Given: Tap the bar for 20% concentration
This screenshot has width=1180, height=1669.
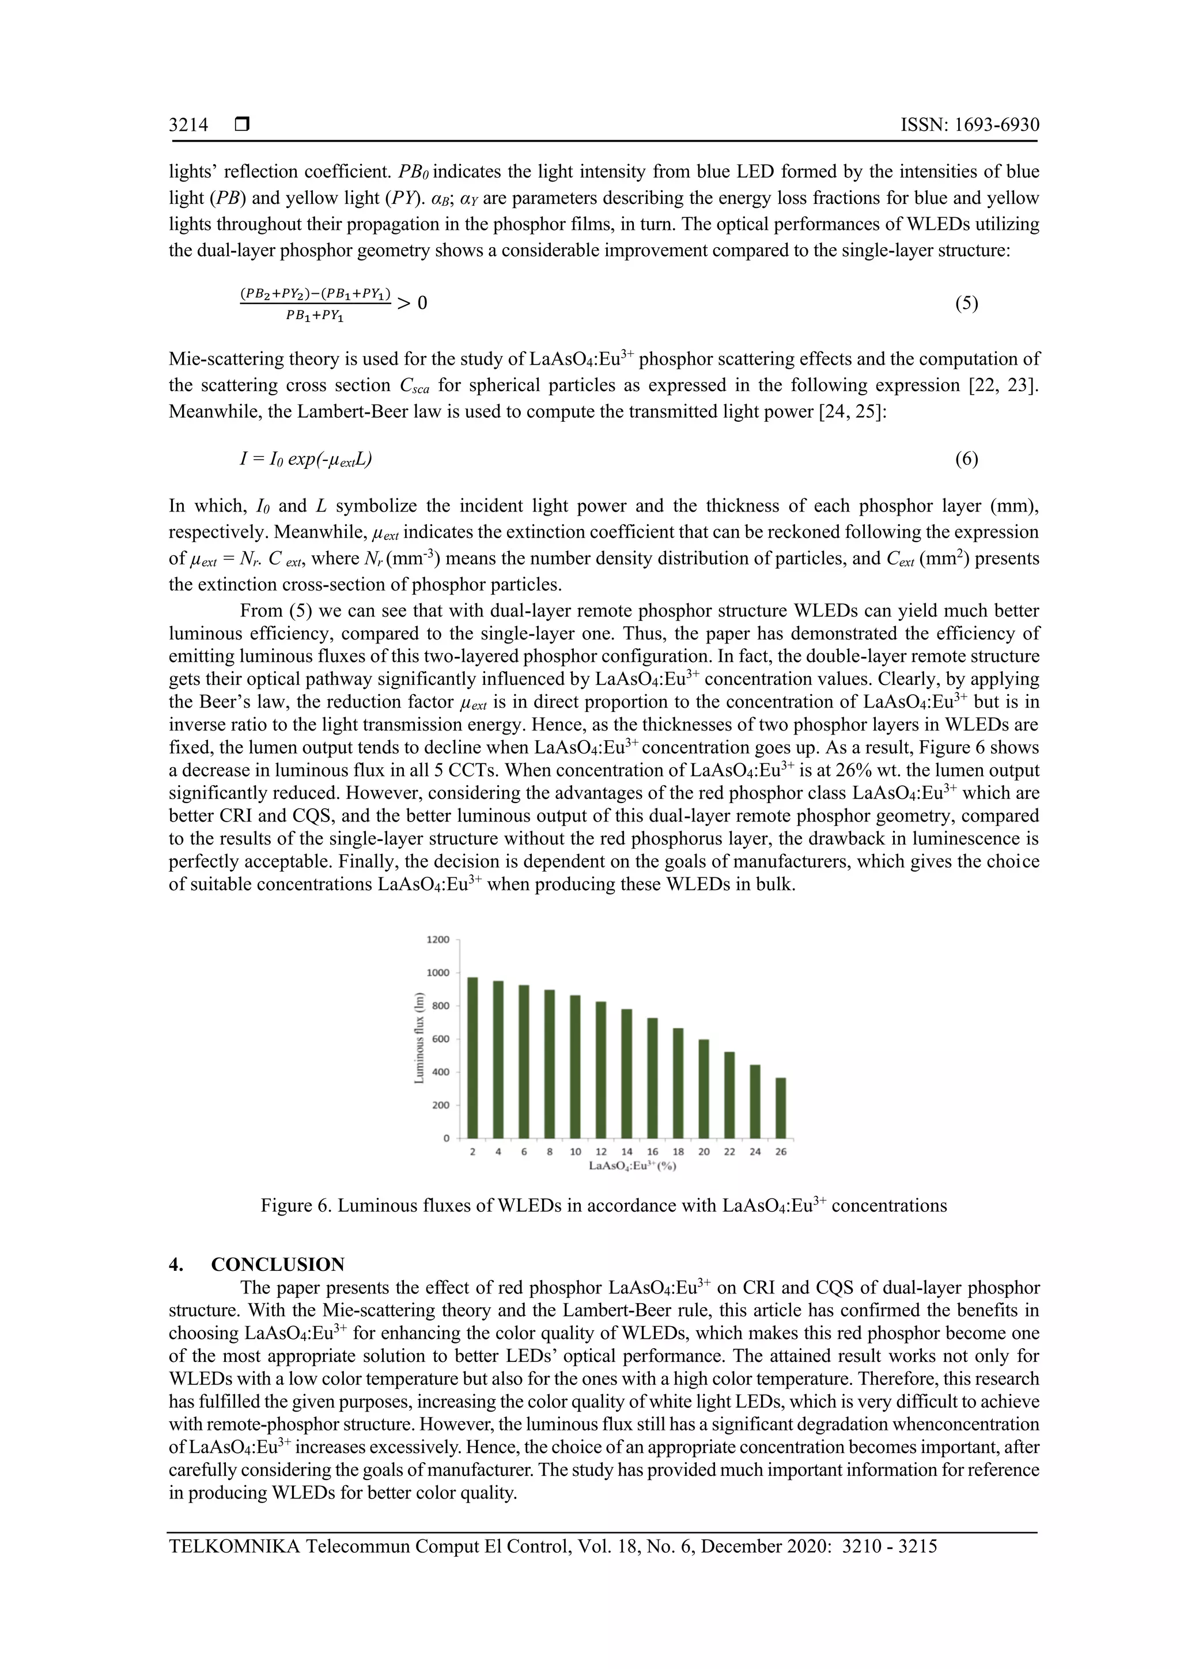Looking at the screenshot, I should click(x=703, y=1089).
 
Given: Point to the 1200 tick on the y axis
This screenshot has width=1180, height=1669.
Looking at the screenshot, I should click(x=438, y=940).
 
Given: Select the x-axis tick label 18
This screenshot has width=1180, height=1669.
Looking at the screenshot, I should click(x=678, y=1152).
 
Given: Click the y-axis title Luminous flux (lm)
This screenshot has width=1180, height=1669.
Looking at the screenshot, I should click(x=419, y=1038).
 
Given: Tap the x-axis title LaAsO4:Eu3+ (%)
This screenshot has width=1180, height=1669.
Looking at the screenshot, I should click(x=627, y=1165).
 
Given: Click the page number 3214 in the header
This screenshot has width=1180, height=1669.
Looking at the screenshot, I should click(x=188, y=125).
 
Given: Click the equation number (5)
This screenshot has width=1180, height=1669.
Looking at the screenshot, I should click(x=966, y=304).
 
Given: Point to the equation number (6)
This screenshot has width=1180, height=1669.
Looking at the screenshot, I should click(x=966, y=459).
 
